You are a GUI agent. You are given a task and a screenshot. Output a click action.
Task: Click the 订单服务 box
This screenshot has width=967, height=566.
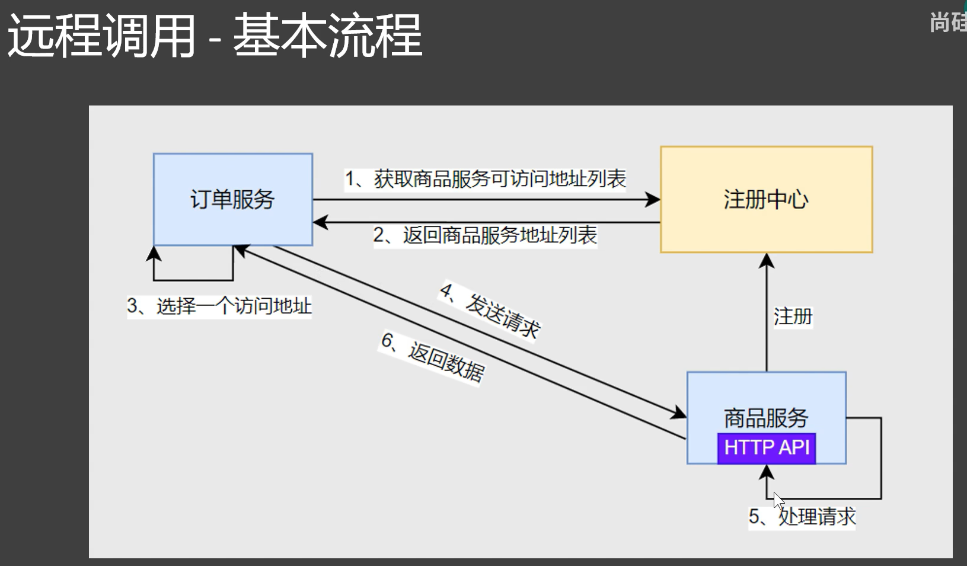tap(232, 199)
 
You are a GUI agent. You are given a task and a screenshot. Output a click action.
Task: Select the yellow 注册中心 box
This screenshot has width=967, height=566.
tap(766, 199)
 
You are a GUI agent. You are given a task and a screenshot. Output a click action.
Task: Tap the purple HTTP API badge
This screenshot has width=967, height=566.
tap(766, 447)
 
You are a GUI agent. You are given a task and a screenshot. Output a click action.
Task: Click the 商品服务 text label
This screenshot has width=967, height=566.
tap(766, 418)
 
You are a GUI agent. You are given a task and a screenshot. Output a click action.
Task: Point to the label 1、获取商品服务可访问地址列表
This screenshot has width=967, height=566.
tap(486, 178)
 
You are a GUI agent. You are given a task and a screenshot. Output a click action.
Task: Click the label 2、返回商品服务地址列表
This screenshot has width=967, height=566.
tap(485, 235)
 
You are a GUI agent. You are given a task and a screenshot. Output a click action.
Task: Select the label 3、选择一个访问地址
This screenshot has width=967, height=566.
tap(219, 306)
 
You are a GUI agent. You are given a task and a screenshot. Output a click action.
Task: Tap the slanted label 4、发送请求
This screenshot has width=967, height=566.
tap(490, 311)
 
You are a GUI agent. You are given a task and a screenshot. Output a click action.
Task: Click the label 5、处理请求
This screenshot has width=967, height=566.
tap(802, 517)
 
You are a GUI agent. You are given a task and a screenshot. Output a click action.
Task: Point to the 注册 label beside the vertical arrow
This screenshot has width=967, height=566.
tap(793, 316)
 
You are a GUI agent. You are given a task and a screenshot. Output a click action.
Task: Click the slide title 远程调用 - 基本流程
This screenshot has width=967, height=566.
tap(215, 37)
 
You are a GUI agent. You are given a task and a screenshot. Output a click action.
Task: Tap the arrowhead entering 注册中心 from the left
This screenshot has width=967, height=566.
tap(653, 200)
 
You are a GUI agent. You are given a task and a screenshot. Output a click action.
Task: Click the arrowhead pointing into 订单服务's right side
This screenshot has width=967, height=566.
tap(321, 222)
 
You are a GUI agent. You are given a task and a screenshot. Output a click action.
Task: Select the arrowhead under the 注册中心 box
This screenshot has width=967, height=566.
tap(767, 261)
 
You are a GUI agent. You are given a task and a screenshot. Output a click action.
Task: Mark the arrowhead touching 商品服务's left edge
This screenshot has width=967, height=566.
tap(678, 412)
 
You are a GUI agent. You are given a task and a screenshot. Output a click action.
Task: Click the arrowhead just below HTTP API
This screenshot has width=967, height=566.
tap(767, 472)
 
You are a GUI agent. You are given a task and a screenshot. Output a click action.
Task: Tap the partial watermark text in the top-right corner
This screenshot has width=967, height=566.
tap(948, 23)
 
